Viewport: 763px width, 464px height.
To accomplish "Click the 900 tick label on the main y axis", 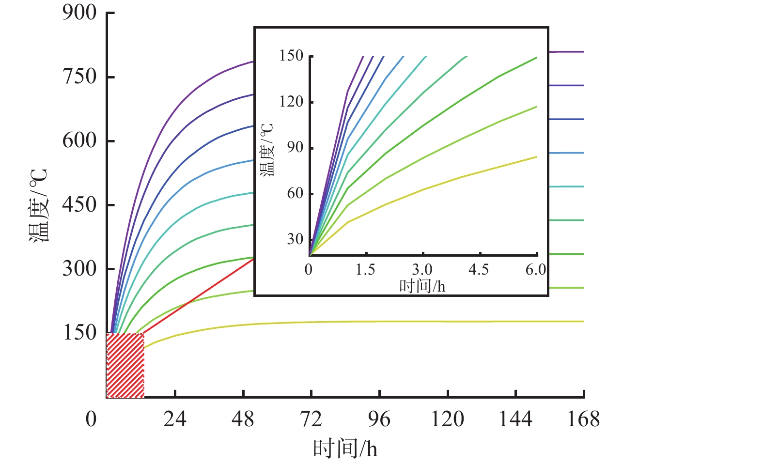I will (x=79, y=13).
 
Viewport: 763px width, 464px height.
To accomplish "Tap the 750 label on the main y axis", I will (x=79, y=77).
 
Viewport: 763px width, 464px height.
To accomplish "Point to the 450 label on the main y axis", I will (x=79, y=204).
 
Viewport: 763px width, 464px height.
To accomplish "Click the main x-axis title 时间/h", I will (x=344, y=449).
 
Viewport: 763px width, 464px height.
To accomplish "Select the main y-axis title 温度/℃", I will (x=39, y=205).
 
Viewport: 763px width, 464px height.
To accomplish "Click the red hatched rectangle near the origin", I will (x=125, y=365).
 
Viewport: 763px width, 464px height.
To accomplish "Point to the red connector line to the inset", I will (x=199, y=296).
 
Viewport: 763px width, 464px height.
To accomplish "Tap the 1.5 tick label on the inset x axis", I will (x=365, y=270).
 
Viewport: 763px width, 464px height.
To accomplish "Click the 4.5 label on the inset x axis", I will (x=479, y=270).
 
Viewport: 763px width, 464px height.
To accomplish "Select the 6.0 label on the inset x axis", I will (x=535, y=270).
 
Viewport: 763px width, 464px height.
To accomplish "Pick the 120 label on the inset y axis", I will (x=291, y=102).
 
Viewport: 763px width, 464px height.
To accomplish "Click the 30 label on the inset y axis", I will (x=295, y=239).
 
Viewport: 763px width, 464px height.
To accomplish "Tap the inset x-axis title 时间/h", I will (x=422, y=286).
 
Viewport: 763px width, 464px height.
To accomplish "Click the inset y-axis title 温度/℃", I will (x=267, y=149).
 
